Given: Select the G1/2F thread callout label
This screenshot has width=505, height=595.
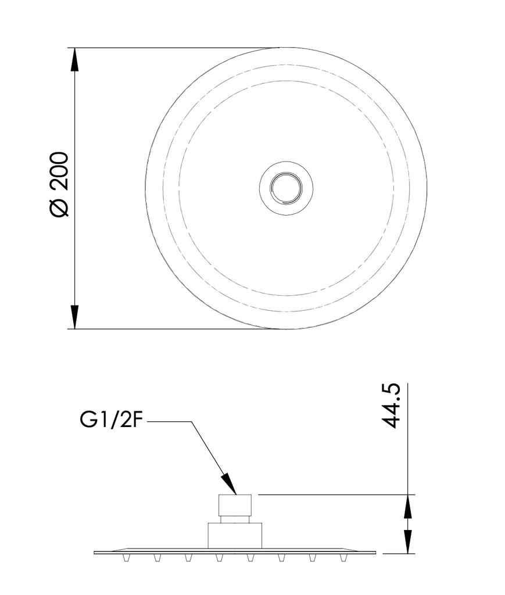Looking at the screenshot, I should click(111, 420).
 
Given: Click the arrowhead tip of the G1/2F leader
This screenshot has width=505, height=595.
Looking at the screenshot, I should click(235, 493).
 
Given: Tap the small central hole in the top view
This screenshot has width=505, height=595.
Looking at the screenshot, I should click(286, 187).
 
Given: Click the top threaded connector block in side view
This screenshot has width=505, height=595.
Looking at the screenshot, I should click(235, 504).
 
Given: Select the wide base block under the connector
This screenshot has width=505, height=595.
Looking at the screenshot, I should click(235, 535).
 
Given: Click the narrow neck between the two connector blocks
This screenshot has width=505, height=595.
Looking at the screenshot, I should click(235, 519).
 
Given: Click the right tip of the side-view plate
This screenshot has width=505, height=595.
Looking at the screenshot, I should click(375, 552).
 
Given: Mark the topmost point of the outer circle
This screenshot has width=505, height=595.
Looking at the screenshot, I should click(286, 48).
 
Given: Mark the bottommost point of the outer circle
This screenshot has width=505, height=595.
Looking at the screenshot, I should click(286, 329).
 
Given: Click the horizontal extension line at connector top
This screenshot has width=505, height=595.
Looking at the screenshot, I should click(331, 495).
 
